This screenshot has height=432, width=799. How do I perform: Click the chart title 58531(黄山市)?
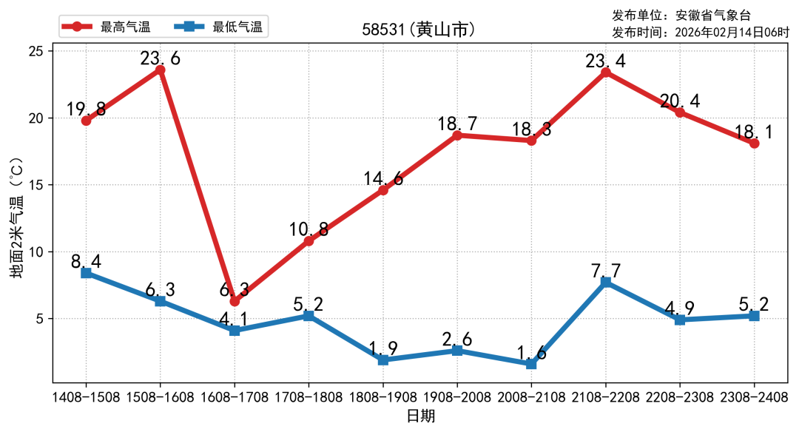(418, 30)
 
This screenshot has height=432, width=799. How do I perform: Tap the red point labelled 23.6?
(160, 70)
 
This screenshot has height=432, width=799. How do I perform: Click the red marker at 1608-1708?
(235, 301)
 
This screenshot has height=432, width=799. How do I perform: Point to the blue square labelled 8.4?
(86, 273)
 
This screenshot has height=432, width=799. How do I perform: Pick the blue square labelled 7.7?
(605, 282)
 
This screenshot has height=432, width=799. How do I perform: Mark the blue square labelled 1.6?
(531, 364)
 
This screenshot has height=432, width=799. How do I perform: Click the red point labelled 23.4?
(605, 72)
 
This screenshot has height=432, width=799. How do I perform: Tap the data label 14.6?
(383, 179)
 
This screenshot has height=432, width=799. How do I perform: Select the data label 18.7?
(457, 124)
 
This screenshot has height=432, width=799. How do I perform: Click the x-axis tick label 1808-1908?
(383, 397)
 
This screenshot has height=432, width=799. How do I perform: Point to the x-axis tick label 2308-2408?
(753, 397)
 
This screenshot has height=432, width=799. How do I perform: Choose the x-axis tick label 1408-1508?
(86, 397)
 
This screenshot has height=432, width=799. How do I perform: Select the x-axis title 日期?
(420, 416)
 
